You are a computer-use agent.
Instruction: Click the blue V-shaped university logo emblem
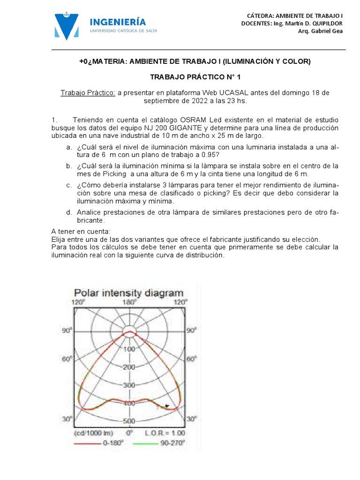[x=67, y=26]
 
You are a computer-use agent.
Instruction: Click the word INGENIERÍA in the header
[x=117, y=22]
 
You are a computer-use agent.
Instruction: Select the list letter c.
[x=69, y=186]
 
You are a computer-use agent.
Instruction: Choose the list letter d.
[x=69, y=212]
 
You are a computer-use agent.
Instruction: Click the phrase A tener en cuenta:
[x=80, y=232]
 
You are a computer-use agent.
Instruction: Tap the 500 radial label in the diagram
[x=129, y=420]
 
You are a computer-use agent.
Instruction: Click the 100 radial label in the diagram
[x=129, y=349]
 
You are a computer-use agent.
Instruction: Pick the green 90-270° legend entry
[x=160, y=442]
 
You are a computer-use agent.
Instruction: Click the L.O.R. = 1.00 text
[x=165, y=433]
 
